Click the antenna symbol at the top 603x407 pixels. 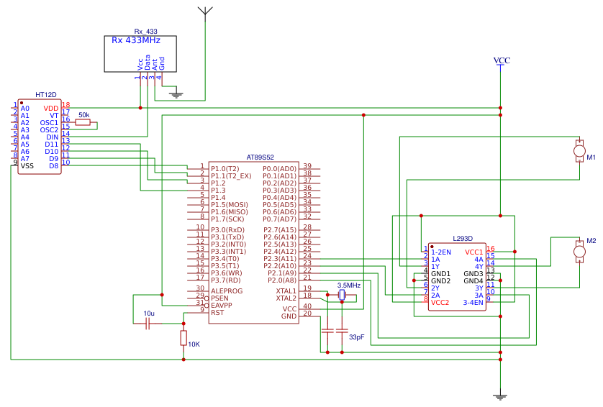(x=205, y=12)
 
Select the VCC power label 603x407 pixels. (x=502, y=61)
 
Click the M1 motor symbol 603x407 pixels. (x=579, y=150)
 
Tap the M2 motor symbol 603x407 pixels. (x=579, y=251)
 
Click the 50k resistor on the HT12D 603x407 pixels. (x=83, y=122)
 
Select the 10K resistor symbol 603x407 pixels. (x=183, y=338)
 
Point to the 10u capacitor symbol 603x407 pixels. (x=148, y=324)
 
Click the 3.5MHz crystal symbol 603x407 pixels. (x=342, y=295)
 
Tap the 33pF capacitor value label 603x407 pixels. (x=356, y=337)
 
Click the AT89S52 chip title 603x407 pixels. (x=260, y=157)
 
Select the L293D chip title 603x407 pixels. (x=463, y=238)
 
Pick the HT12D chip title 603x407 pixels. (x=46, y=95)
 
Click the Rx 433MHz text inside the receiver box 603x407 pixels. (x=136, y=40)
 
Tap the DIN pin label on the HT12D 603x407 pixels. (x=52, y=137)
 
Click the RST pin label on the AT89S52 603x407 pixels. (x=217, y=312)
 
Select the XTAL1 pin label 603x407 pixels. (x=286, y=291)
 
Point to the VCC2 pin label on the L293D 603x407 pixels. (x=440, y=303)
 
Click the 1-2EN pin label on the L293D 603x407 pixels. (x=441, y=252)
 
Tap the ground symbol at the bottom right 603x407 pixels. (x=502, y=395)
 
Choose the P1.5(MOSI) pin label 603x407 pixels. (x=229, y=204)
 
